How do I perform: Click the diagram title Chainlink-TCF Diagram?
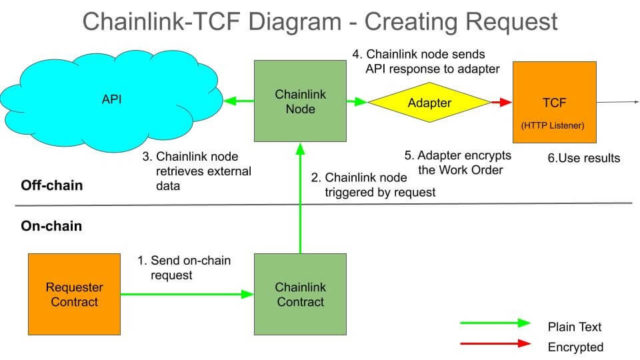tap(320, 21)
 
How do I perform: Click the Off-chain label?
tap(53, 187)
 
